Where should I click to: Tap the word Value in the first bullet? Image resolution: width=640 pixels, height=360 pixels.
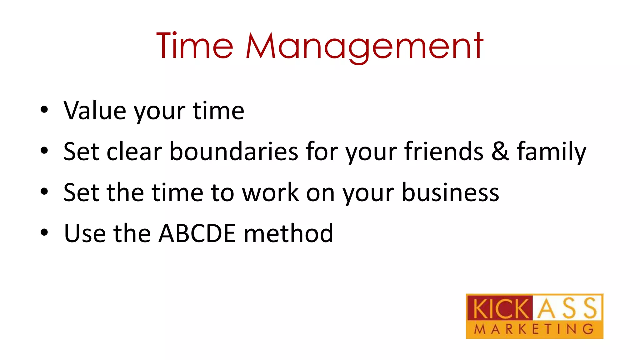[95, 111]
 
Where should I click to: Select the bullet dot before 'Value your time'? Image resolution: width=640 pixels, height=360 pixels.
[44, 110]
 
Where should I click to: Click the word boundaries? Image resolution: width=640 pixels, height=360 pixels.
[234, 152]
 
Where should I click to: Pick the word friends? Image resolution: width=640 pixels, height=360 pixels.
[444, 152]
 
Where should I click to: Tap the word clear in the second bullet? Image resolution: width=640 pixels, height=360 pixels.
[134, 152]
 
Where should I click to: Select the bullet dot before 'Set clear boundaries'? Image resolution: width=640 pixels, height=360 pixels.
[44, 150]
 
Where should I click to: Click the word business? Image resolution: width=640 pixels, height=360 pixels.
[450, 192]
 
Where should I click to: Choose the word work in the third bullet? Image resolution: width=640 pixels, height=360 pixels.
[271, 192]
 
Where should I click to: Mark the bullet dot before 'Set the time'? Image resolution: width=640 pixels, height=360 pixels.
[44, 191]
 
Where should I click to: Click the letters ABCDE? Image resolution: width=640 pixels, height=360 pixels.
[197, 233]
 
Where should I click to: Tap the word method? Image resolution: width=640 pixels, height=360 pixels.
[288, 233]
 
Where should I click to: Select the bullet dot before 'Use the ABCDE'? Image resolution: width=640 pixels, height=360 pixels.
[44, 232]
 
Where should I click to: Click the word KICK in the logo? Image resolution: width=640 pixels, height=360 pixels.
[499, 309]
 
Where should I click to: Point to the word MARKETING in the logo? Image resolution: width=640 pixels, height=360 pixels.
[534, 329]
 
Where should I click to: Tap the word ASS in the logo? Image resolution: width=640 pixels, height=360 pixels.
[567, 308]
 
